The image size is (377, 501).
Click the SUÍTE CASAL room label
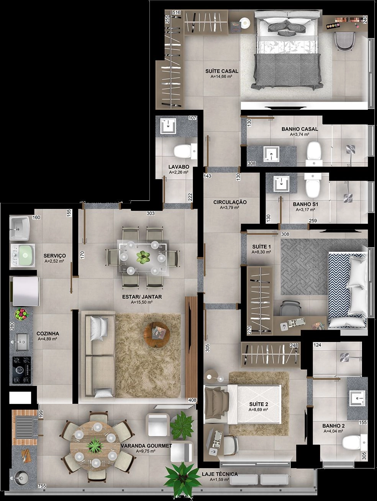(221, 71)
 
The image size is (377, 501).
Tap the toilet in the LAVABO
(185, 151)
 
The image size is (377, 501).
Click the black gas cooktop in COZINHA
(22, 369)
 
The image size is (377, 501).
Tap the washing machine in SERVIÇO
(23, 255)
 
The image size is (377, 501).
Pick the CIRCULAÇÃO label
(230, 202)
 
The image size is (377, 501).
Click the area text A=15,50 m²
(142, 302)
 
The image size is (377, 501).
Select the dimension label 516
(176, 12)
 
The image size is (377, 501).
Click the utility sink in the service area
(20, 228)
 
